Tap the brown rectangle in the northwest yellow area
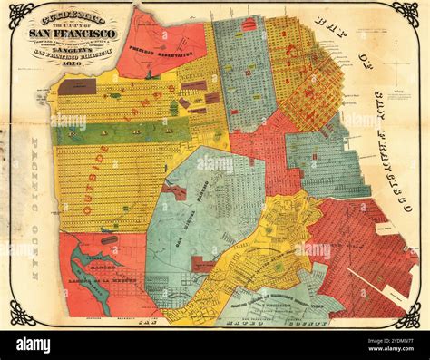click(x=77, y=87)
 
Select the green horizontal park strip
click(x=122, y=133)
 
